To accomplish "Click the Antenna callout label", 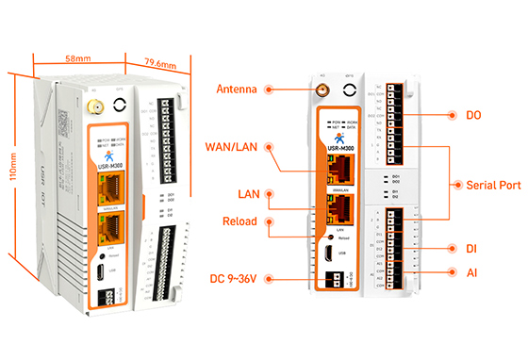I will click(236, 90).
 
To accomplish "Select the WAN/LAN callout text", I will click(231, 146).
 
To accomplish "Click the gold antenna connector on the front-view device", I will click(321, 91).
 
